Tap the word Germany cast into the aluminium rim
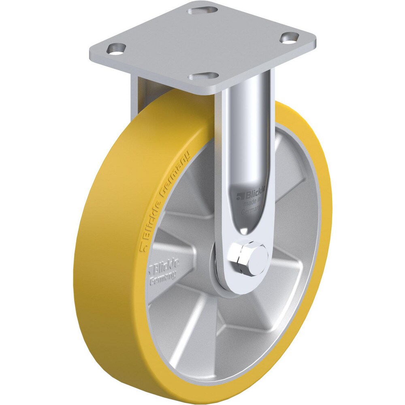click(x=163, y=276)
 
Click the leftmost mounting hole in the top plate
click(x=115, y=48)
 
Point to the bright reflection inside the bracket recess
click(x=244, y=230)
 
